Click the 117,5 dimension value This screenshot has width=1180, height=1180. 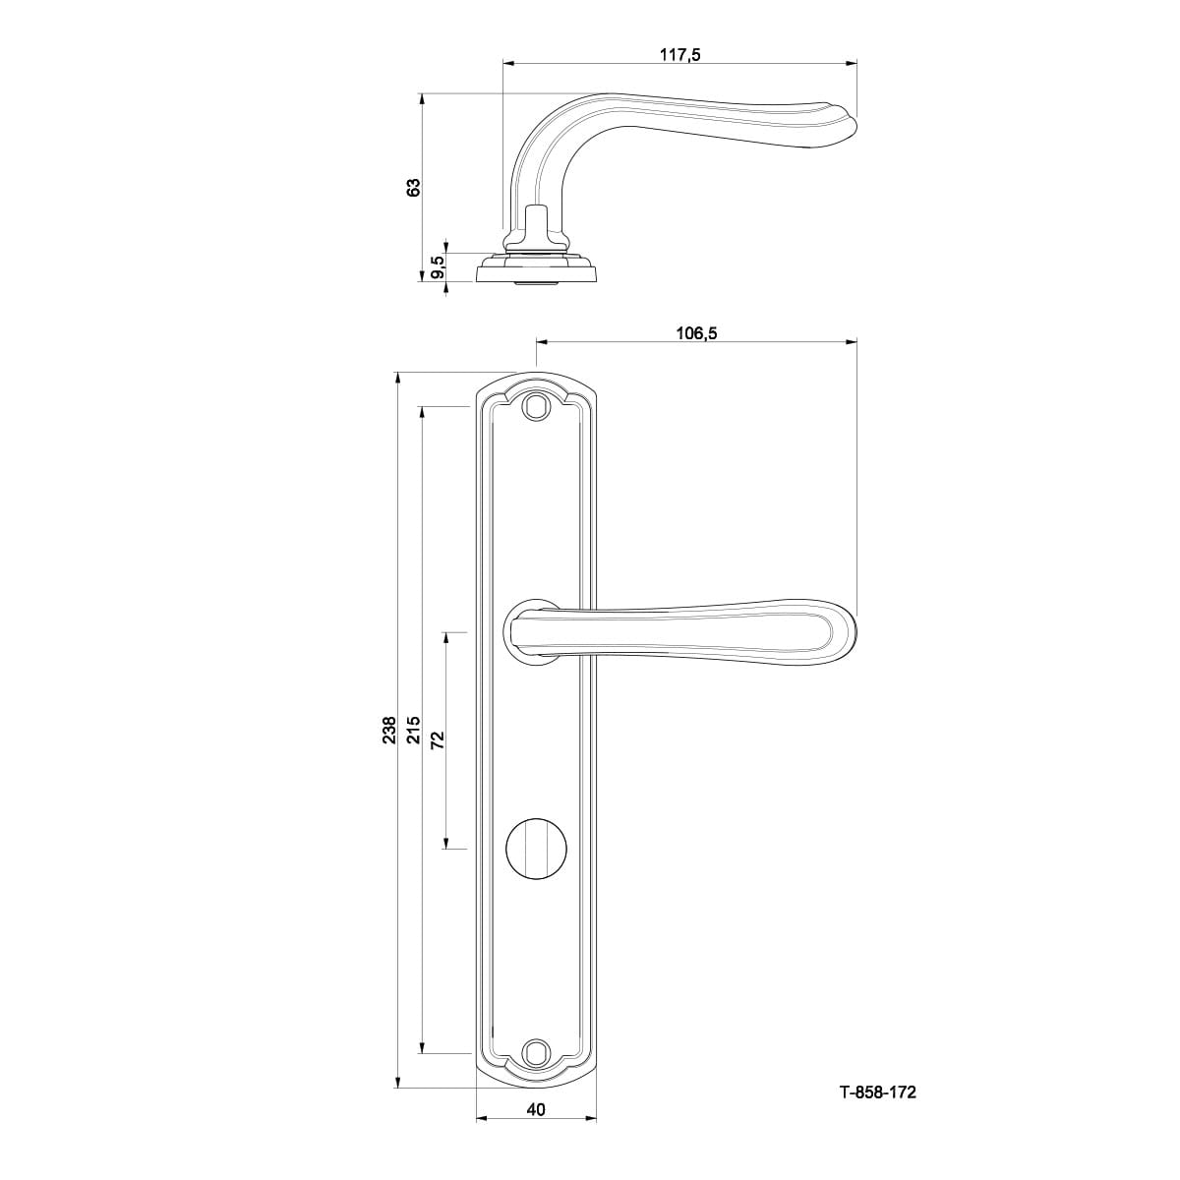tap(679, 54)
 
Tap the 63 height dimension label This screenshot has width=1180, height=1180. tap(415, 187)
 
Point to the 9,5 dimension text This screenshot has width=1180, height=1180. tap(439, 267)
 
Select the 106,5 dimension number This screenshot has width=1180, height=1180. tap(696, 333)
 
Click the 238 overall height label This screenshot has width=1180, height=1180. tap(389, 730)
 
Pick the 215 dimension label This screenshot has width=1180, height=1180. tap(415, 730)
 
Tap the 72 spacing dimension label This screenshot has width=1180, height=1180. tap(438, 740)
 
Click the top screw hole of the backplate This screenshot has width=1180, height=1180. tap(536, 405)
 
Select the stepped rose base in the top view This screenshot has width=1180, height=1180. tap(536, 269)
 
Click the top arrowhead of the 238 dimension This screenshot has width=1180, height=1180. tap(398, 379)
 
